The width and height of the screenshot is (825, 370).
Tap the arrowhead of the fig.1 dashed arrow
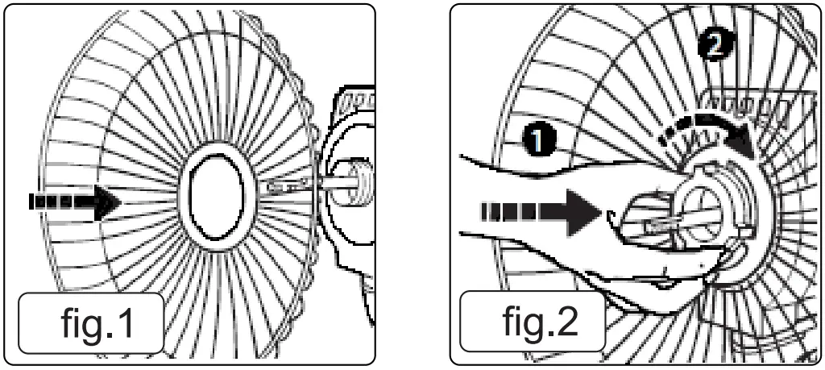tap(108, 200)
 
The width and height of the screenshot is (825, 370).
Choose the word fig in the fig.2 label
tap(524, 322)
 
